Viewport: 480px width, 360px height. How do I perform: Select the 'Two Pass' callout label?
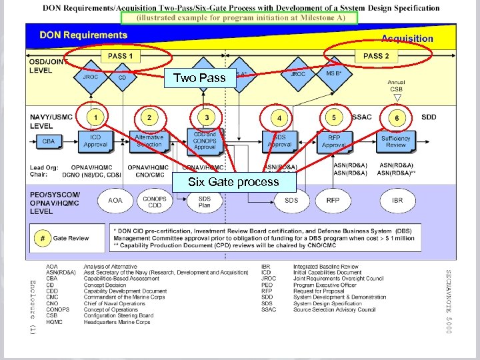click(199, 78)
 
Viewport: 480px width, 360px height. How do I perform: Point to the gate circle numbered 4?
click(279, 118)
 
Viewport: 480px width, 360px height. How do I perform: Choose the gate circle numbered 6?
click(397, 118)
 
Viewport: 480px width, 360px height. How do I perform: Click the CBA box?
click(49, 141)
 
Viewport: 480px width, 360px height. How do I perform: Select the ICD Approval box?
click(95, 141)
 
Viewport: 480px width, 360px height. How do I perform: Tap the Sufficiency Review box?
click(396, 141)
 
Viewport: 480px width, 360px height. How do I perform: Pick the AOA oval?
click(115, 200)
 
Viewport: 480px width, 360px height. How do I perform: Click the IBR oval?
click(397, 200)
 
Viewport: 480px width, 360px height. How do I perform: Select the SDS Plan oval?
click(205, 202)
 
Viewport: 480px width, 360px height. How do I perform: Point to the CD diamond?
click(122, 77)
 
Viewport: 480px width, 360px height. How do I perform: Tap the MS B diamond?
click(333, 74)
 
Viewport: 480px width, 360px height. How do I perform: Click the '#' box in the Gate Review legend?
click(42, 238)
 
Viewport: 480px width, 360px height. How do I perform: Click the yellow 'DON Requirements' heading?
click(83, 35)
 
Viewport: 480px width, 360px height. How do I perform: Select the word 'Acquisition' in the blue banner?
click(407, 39)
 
